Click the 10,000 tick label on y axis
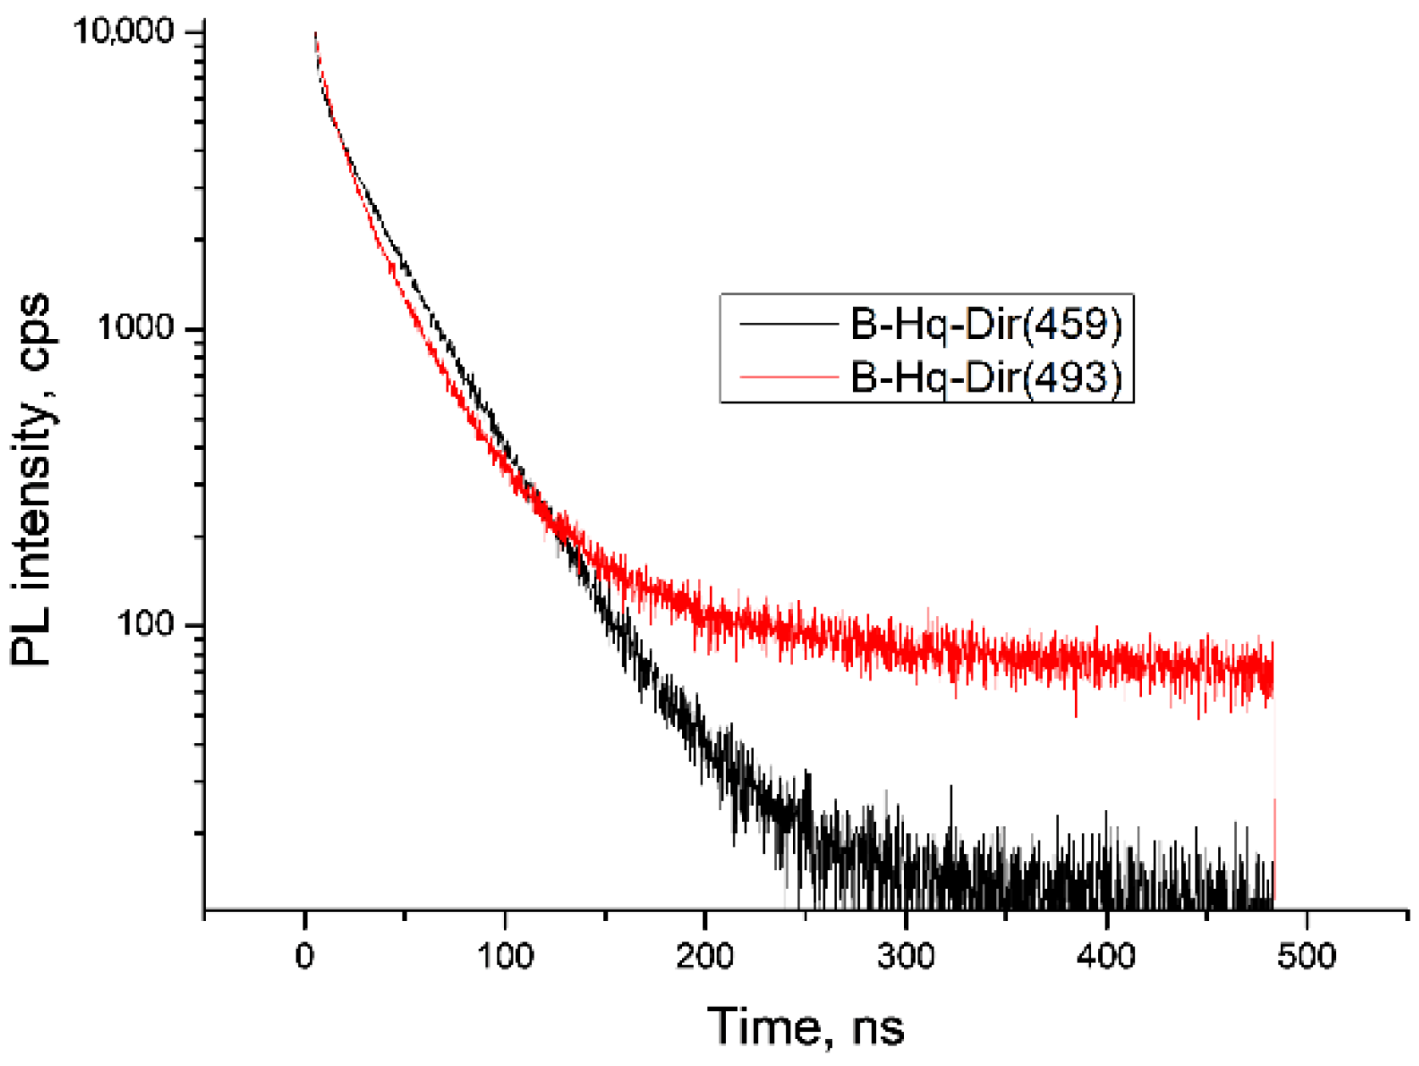[124, 32]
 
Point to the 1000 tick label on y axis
[136, 328]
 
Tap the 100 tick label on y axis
[147, 625]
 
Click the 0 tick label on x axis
[304, 956]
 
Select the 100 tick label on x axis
[505, 956]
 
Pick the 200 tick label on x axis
[705, 956]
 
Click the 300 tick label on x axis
[906, 956]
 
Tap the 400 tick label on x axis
[1106, 956]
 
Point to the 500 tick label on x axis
[1306, 956]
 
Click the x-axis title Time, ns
[805, 1026]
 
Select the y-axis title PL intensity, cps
[32, 480]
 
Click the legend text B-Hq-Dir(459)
[986, 324]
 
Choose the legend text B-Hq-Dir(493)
[986, 376]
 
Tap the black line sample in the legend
[788, 324]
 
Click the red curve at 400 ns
[1106, 661]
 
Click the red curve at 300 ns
[906, 647]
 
